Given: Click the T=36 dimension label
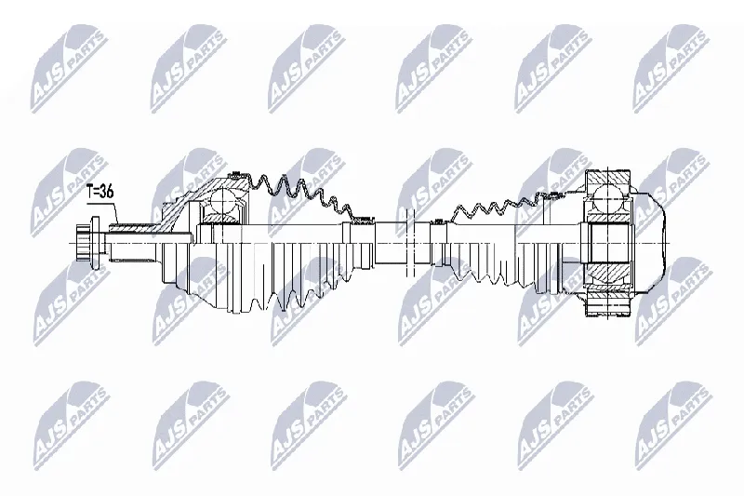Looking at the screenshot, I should tap(100, 192).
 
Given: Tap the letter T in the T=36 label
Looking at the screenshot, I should tap(90, 192).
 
